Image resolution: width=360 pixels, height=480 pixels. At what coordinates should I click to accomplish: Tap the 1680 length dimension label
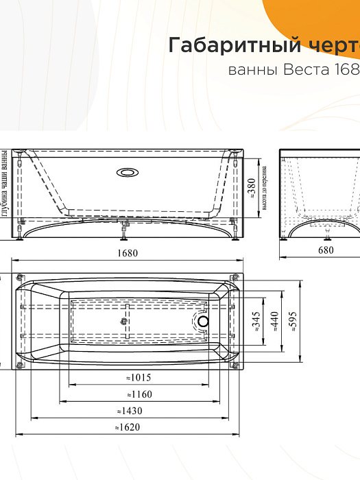tap(128, 252)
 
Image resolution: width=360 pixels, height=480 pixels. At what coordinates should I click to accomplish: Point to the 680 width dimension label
tap(326, 251)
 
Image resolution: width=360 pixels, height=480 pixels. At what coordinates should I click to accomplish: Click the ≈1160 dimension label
tap(139, 394)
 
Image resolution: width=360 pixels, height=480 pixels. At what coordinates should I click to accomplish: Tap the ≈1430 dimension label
tap(128, 411)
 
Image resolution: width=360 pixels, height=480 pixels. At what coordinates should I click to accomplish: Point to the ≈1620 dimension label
tap(128, 427)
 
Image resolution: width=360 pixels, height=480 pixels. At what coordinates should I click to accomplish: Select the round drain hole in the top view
tap(203, 321)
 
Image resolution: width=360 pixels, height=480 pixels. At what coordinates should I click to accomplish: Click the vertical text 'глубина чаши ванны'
tap(5, 184)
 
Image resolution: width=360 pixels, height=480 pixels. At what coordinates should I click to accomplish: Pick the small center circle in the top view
tap(125, 320)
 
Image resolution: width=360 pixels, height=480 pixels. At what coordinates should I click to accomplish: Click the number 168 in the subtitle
tap(347, 70)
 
